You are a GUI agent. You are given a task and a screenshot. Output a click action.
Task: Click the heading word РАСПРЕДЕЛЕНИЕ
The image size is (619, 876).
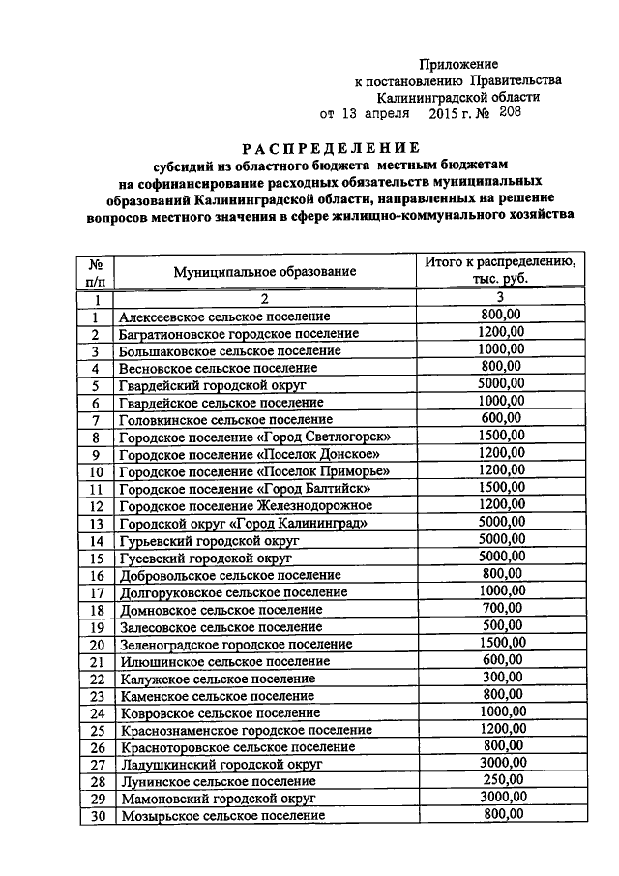point(331,148)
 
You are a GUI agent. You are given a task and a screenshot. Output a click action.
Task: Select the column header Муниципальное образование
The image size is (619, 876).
point(265,273)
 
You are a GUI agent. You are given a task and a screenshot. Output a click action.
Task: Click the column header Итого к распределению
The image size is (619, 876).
point(501,263)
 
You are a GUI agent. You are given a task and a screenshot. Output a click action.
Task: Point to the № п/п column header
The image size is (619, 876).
point(96,272)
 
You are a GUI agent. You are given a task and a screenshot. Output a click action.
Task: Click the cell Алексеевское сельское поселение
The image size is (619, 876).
point(224,317)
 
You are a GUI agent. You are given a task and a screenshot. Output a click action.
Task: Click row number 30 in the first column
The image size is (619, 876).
point(96,816)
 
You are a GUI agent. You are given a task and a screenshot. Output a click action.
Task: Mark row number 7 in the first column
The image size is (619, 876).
point(96,420)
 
